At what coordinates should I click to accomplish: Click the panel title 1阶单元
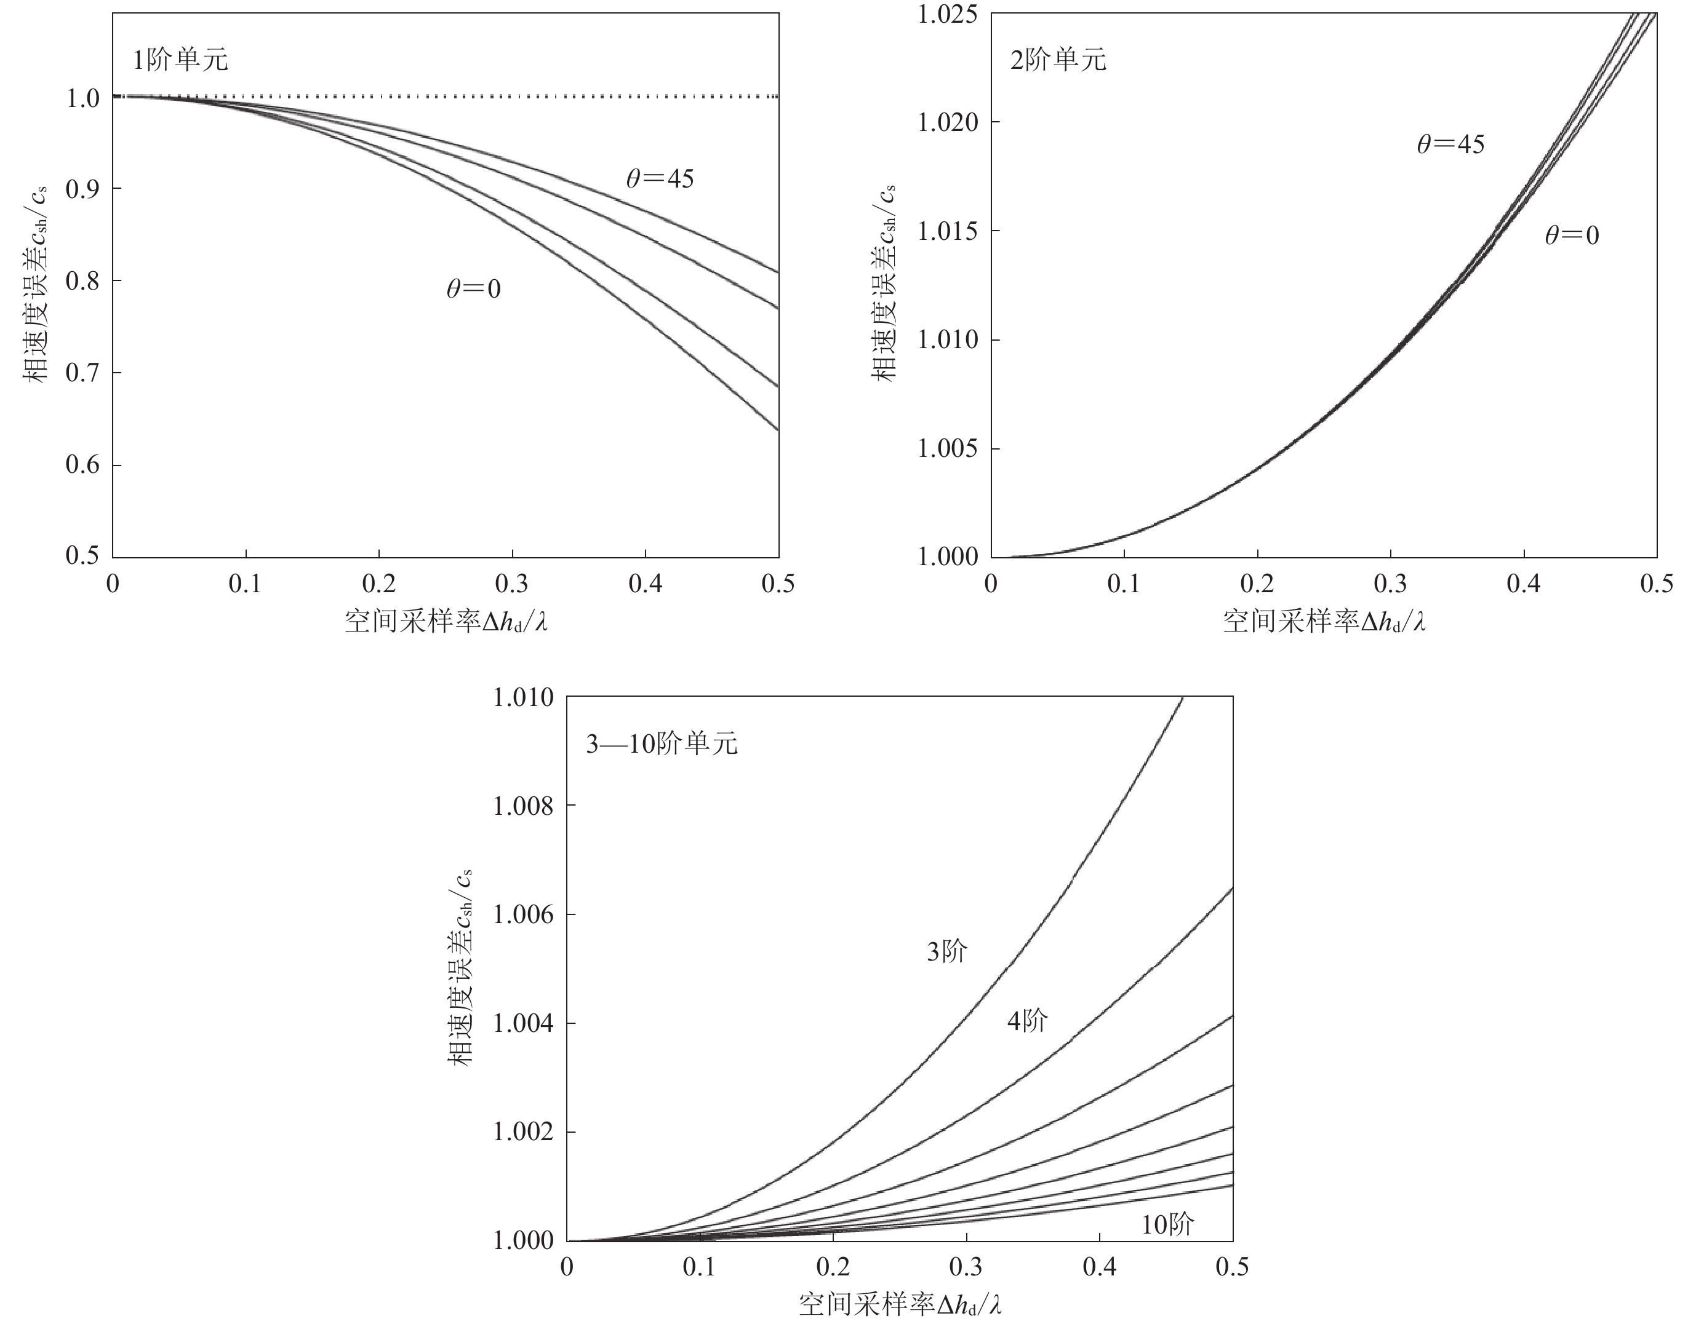[x=180, y=60]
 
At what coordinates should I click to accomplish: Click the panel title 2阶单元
[x=1058, y=60]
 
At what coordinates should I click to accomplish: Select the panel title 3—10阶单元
[x=662, y=743]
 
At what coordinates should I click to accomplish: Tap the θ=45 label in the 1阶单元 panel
[x=660, y=180]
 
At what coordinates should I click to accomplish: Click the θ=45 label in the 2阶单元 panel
[x=1450, y=145]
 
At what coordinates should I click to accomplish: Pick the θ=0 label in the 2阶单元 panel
[x=1572, y=235]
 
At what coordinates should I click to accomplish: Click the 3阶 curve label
[x=946, y=951]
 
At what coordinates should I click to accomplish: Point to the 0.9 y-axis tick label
[x=82, y=189]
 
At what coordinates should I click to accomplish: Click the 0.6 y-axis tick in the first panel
[x=82, y=465]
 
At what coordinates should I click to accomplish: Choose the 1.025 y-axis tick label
[x=948, y=14]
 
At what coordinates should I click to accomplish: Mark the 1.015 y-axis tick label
[x=948, y=231]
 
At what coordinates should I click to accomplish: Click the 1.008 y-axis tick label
[x=524, y=806]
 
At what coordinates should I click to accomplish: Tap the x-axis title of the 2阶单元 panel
[x=1324, y=622]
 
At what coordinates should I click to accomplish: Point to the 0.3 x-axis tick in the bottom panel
[x=966, y=1267]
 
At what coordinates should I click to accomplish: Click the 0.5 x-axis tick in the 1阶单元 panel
[x=778, y=584]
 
